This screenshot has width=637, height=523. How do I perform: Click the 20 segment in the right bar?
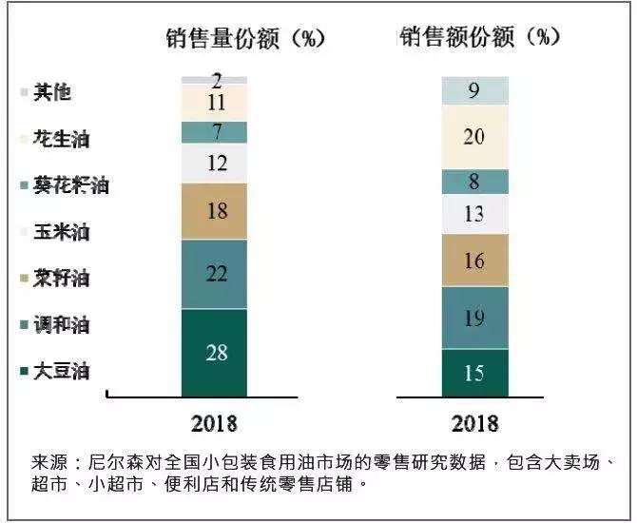click(474, 137)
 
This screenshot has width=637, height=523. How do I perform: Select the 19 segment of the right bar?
click(474, 318)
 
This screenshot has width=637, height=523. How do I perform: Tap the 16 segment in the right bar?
click(474, 261)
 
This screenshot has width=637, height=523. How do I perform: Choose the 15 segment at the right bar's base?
click(474, 373)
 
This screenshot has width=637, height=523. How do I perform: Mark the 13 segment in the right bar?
click(474, 214)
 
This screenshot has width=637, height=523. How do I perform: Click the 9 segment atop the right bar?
click(474, 90)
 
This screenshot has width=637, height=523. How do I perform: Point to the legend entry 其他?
click(51, 92)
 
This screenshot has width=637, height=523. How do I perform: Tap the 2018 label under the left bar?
click(214, 423)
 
